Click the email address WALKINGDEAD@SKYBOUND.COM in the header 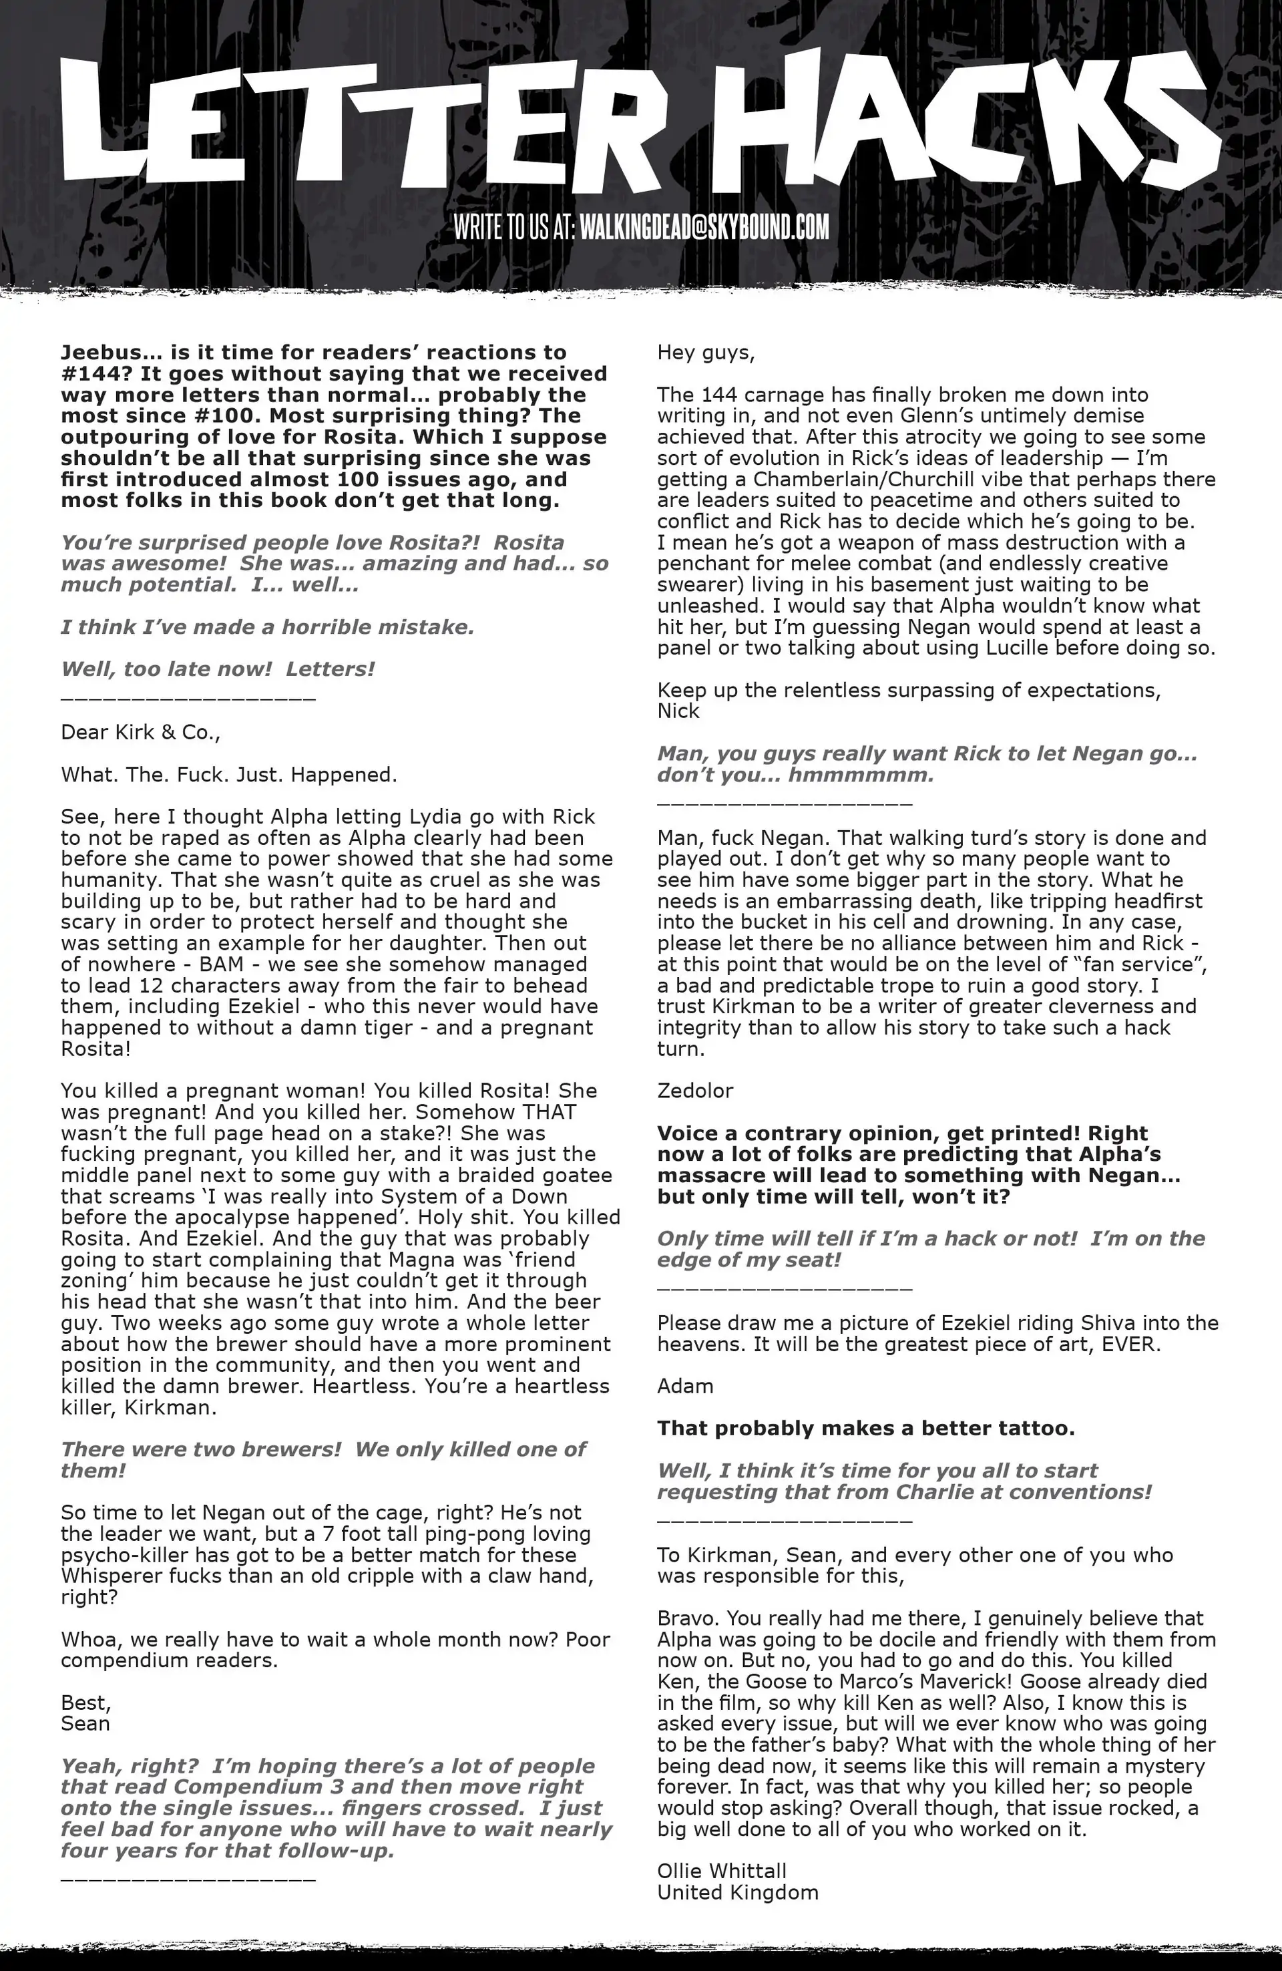[x=704, y=228]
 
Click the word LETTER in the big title [x=365, y=124]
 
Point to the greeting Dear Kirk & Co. [x=140, y=733]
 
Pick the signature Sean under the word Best [x=85, y=1723]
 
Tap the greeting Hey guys [x=706, y=353]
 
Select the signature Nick [x=678, y=711]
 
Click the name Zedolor [x=695, y=1091]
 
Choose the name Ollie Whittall [x=721, y=1871]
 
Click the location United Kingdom [x=737, y=1892]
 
